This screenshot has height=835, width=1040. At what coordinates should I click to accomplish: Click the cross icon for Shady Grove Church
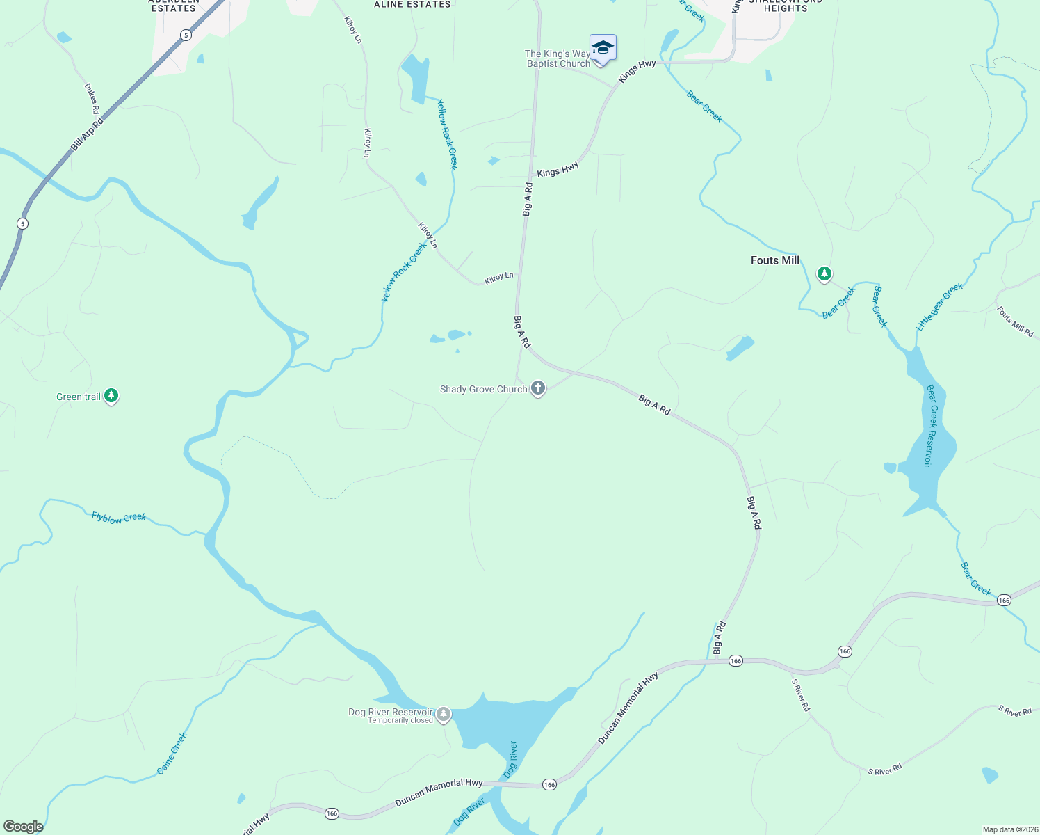click(538, 388)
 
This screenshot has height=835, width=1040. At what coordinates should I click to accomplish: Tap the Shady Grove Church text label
click(483, 390)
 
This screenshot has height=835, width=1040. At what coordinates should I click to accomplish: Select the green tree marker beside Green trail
click(111, 396)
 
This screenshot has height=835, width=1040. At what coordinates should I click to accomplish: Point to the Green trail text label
click(79, 397)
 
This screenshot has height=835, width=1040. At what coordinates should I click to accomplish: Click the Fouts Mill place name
click(775, 260)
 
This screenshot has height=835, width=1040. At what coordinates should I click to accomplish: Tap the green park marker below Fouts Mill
click(824, 273)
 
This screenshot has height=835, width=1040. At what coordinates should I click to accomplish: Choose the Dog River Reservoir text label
click(390, 712)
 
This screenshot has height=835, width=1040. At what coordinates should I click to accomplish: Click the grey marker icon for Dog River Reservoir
click(444, 714)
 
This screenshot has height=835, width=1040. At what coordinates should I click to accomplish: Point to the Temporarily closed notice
click(400, 721)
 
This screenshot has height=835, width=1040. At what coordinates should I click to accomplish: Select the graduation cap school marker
click(603, 48)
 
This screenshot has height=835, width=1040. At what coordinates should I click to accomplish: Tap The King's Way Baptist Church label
click(558, 58)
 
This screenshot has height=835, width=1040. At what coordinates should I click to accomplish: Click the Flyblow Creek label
click(119, 518)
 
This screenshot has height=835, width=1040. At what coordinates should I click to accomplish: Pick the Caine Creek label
click(172, 754)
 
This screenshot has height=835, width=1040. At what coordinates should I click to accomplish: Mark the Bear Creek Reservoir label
click(932, 426)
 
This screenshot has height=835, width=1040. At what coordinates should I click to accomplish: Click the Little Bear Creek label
click(939, 307)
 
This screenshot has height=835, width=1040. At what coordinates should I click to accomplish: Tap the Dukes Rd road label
click(92, 100)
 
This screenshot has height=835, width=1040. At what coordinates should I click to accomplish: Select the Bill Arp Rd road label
click(87, 134)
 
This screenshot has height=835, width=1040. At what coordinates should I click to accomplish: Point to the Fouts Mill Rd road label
click(1015, 321)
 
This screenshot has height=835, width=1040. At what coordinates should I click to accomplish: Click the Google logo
click(23, 827)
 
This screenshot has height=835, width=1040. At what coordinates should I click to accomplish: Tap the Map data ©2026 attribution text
click(1009, 829)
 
